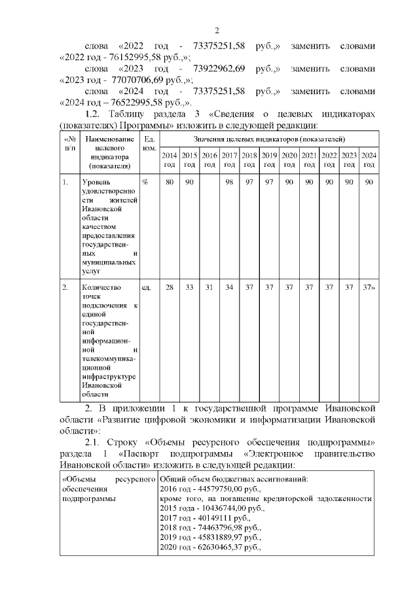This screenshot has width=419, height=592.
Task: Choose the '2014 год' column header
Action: (x=169, y=160)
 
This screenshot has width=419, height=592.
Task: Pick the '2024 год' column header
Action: (x=369, y=160)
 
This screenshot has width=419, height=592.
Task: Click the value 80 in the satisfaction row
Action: (x=169, y=181)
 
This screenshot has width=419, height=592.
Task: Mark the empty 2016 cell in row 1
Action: (x=209, y=222)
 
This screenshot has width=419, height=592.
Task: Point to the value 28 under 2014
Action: (x=169, y=287)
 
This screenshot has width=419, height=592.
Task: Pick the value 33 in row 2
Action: (x=189, y=287)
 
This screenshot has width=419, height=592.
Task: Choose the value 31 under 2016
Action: (x=209, y=287)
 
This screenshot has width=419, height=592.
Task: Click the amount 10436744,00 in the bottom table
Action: (x=223, y=507)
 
